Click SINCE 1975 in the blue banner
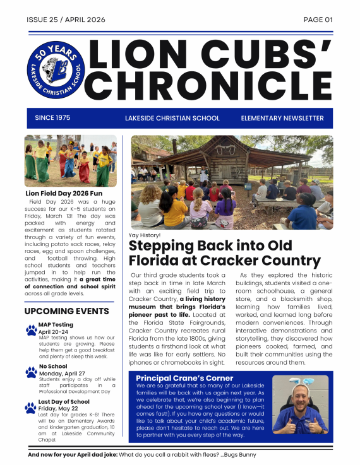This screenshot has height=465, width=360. [52, 118]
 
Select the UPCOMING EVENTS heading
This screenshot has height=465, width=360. [66, 311]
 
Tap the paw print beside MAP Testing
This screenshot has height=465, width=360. [31, 329]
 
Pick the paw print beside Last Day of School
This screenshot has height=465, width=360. [31, 407]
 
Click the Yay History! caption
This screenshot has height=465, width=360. [144, 235]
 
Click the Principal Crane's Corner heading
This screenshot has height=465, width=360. [185, 379]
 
